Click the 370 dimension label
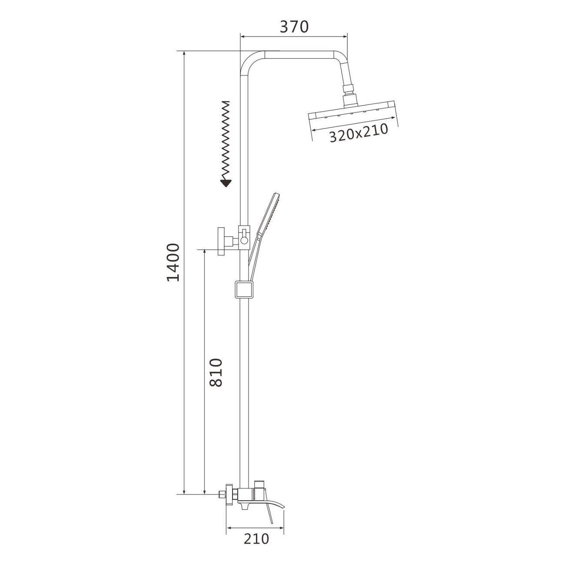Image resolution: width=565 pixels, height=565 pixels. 294,27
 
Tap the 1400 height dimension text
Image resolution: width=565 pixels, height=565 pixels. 173,263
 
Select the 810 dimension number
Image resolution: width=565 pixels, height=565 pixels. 217,372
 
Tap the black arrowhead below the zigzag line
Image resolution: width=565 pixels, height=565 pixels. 226,183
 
